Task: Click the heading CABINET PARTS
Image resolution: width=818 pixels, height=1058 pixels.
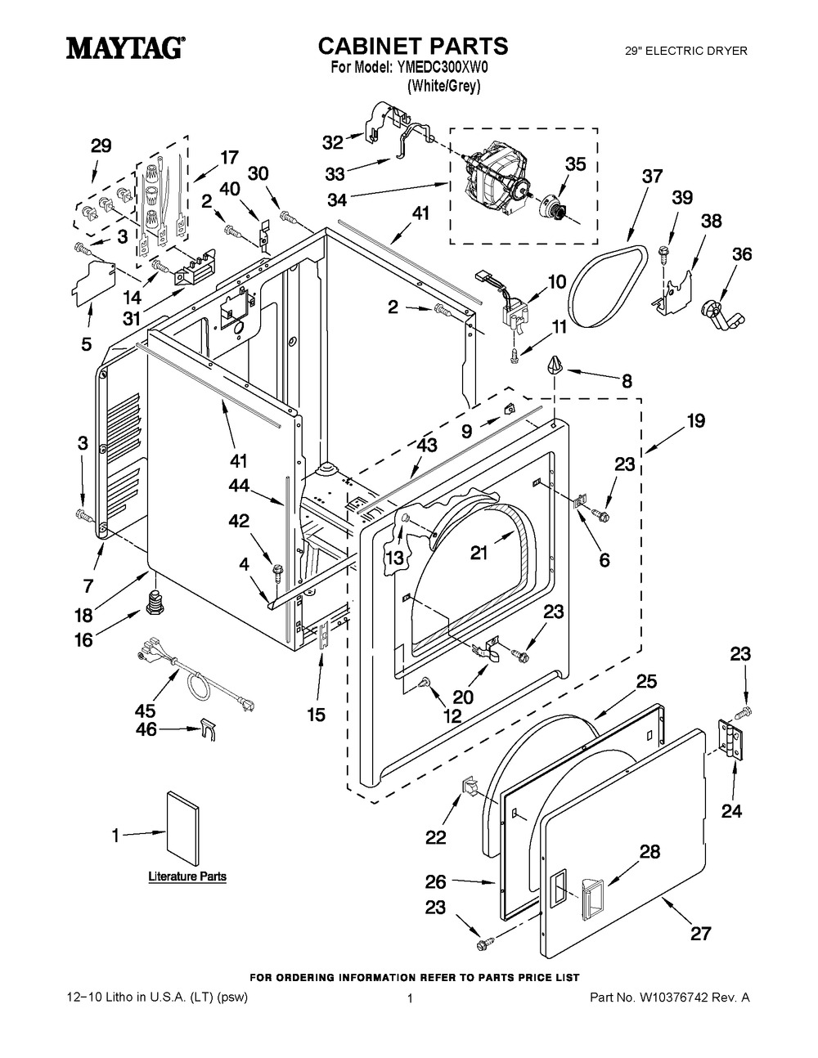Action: (x=412, y=46)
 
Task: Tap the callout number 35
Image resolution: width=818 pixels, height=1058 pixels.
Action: (x=576, y=164)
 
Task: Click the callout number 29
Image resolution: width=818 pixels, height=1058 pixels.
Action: (x=101, y=147)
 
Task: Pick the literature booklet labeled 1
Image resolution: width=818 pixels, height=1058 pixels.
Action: (x=182, y=827)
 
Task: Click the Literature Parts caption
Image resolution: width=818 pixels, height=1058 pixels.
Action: (x=187, y=876)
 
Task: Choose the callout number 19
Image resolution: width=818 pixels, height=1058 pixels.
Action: (x=695, y=422)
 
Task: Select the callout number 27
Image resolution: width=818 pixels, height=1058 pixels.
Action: (x=700, y=932)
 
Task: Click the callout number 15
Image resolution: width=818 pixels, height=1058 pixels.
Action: (x=316, y=714)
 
